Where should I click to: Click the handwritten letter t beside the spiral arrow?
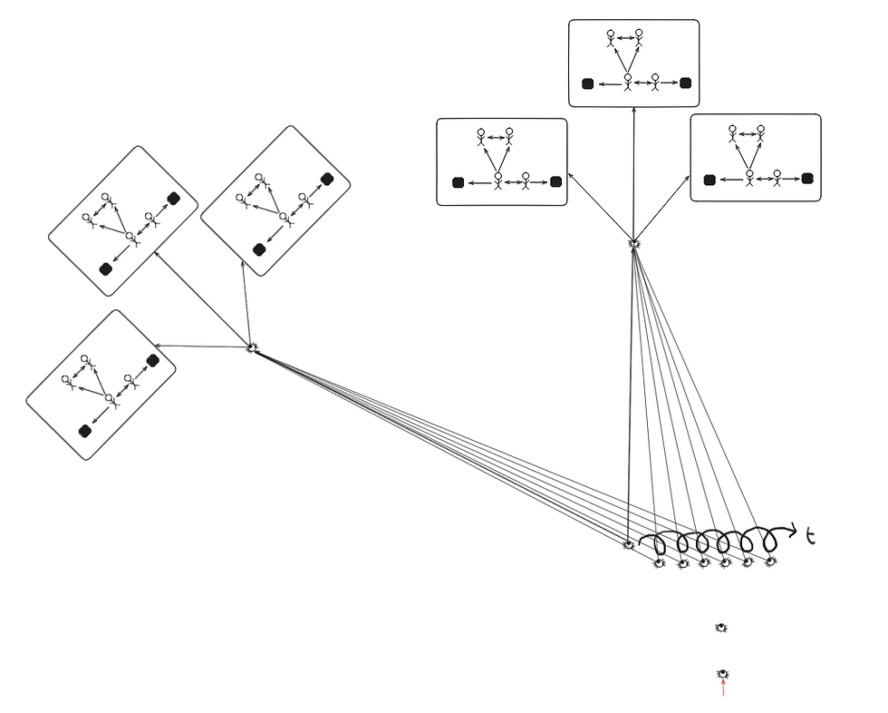point(811,537)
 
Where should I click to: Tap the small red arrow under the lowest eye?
point(723,689)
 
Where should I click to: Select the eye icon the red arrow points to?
point(723,674)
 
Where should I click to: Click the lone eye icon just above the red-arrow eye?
point(721,627)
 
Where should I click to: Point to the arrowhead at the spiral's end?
point(795,529)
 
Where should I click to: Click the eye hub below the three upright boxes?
point(634,243)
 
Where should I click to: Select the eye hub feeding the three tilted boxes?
point(253,347)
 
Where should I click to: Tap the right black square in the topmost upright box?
point(686,83)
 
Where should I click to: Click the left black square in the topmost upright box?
point(587,83)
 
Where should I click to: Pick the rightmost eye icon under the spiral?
point(770,562)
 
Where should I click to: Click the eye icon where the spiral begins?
point(628,545)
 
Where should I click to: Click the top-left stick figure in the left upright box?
point(481,137)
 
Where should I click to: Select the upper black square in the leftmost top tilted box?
point(173,199)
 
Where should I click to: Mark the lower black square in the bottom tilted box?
point(85,431)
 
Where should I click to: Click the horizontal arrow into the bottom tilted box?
point(201,346)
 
